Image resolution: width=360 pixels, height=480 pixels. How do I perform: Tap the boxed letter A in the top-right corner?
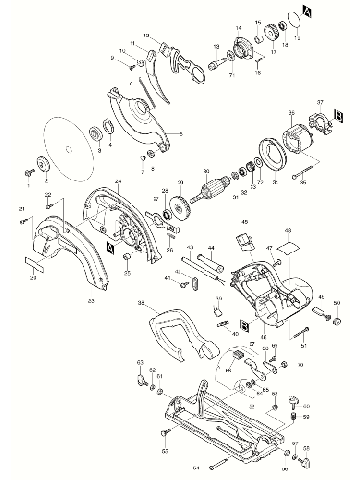333,12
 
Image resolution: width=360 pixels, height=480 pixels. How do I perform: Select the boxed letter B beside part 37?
339,116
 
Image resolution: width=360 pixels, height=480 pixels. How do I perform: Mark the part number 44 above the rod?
213,246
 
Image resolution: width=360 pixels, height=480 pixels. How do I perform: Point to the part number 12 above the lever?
146,36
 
